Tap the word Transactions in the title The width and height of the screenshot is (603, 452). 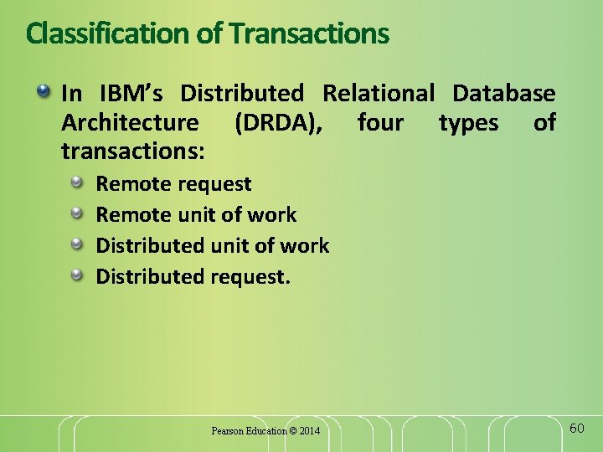click(x=309, y=33)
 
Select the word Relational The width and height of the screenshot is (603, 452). click(x=379, y=93)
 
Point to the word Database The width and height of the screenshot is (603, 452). click(x=503, y=93)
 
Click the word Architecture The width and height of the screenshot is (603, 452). click(x=130, y=123)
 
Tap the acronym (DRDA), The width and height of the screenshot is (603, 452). click(x=277, y=123)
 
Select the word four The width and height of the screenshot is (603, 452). click(x=380, y=123)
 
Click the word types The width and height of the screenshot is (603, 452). click(x=468, y=124)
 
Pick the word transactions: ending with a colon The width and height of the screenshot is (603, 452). click(x=134, y=152)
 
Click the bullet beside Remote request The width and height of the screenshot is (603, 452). click(x=77, y=182)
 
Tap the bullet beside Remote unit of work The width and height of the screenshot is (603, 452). click(x=77, y=213)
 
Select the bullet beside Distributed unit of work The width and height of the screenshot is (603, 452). click(x=77, y=244)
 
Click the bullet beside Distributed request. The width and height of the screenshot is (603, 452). click(x=77, y=275)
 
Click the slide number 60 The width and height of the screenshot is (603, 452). click(x=576, y=429)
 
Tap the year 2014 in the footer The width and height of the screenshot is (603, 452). click(x=309, y=431)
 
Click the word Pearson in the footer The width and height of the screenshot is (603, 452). click(x=227, y=431)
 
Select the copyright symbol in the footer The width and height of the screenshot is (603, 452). click(x=292, y=431)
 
